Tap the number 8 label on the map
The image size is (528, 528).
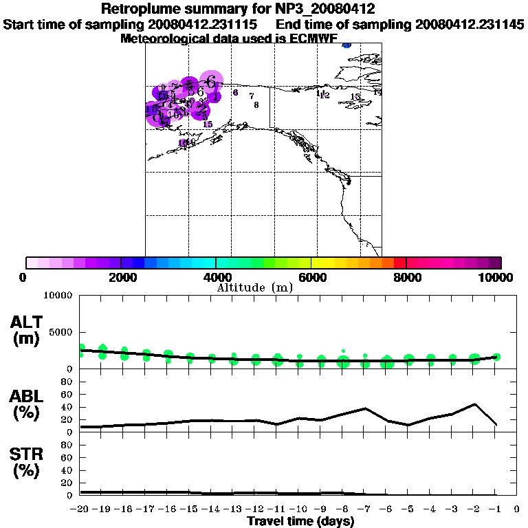point(256,105)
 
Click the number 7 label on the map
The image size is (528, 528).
point(252,96)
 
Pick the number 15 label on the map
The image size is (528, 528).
point(208,124)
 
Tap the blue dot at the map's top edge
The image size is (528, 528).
point(346,45)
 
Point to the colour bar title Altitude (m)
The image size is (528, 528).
point(255,287)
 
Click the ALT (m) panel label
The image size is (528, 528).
point(27,329)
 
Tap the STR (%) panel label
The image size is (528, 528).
point(27,462)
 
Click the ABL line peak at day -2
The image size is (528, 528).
point(474,404)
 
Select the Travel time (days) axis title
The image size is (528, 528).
point(300,522)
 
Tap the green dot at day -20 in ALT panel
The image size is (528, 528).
point(81,351)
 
